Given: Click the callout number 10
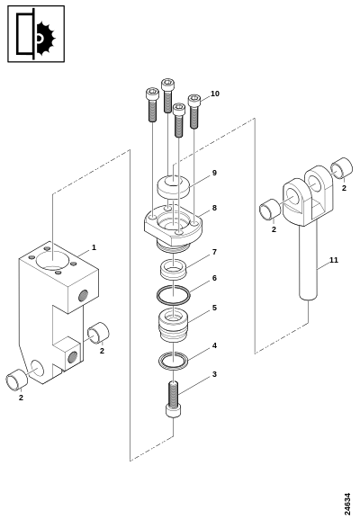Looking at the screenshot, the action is point(215,94).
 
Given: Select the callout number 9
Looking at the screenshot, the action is point(214,173).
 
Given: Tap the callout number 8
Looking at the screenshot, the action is point(214,208).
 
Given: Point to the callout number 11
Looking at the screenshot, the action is point(333,260).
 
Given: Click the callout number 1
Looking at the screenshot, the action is point(94,247).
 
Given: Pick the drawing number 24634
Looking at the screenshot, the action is point(347,504).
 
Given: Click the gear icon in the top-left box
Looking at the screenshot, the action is point(46,39).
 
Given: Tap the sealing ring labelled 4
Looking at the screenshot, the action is point(174,361).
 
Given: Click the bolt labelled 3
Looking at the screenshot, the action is point(174,399).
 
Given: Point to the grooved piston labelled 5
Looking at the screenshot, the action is point(174,326).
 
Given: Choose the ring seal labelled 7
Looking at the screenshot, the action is point(174,269).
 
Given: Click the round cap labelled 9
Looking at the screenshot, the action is point(174,186).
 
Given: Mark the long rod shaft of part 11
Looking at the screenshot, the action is point(309,261).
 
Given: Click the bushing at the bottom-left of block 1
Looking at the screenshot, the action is point(16,380).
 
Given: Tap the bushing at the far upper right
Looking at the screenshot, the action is point(341,167).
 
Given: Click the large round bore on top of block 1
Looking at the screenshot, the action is point(53,260).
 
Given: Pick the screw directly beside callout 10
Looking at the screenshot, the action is point(193,112).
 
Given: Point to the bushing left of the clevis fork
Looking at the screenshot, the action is point(270,210).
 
